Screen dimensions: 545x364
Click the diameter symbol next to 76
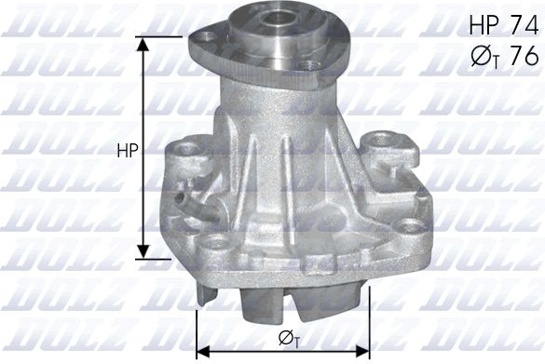point(484,57)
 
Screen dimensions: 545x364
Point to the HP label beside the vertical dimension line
point(128,151)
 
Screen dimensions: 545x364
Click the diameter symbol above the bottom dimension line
point(289,339)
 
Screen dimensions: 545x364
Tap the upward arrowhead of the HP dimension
point(143,45)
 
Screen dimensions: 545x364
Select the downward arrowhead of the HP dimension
point(143,251)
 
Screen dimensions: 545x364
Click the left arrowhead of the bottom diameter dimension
point(203,352)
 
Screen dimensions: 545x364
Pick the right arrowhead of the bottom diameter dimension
point(362,352)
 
